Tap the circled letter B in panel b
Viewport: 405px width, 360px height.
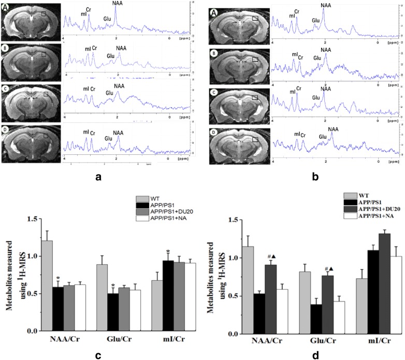point(213,54)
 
